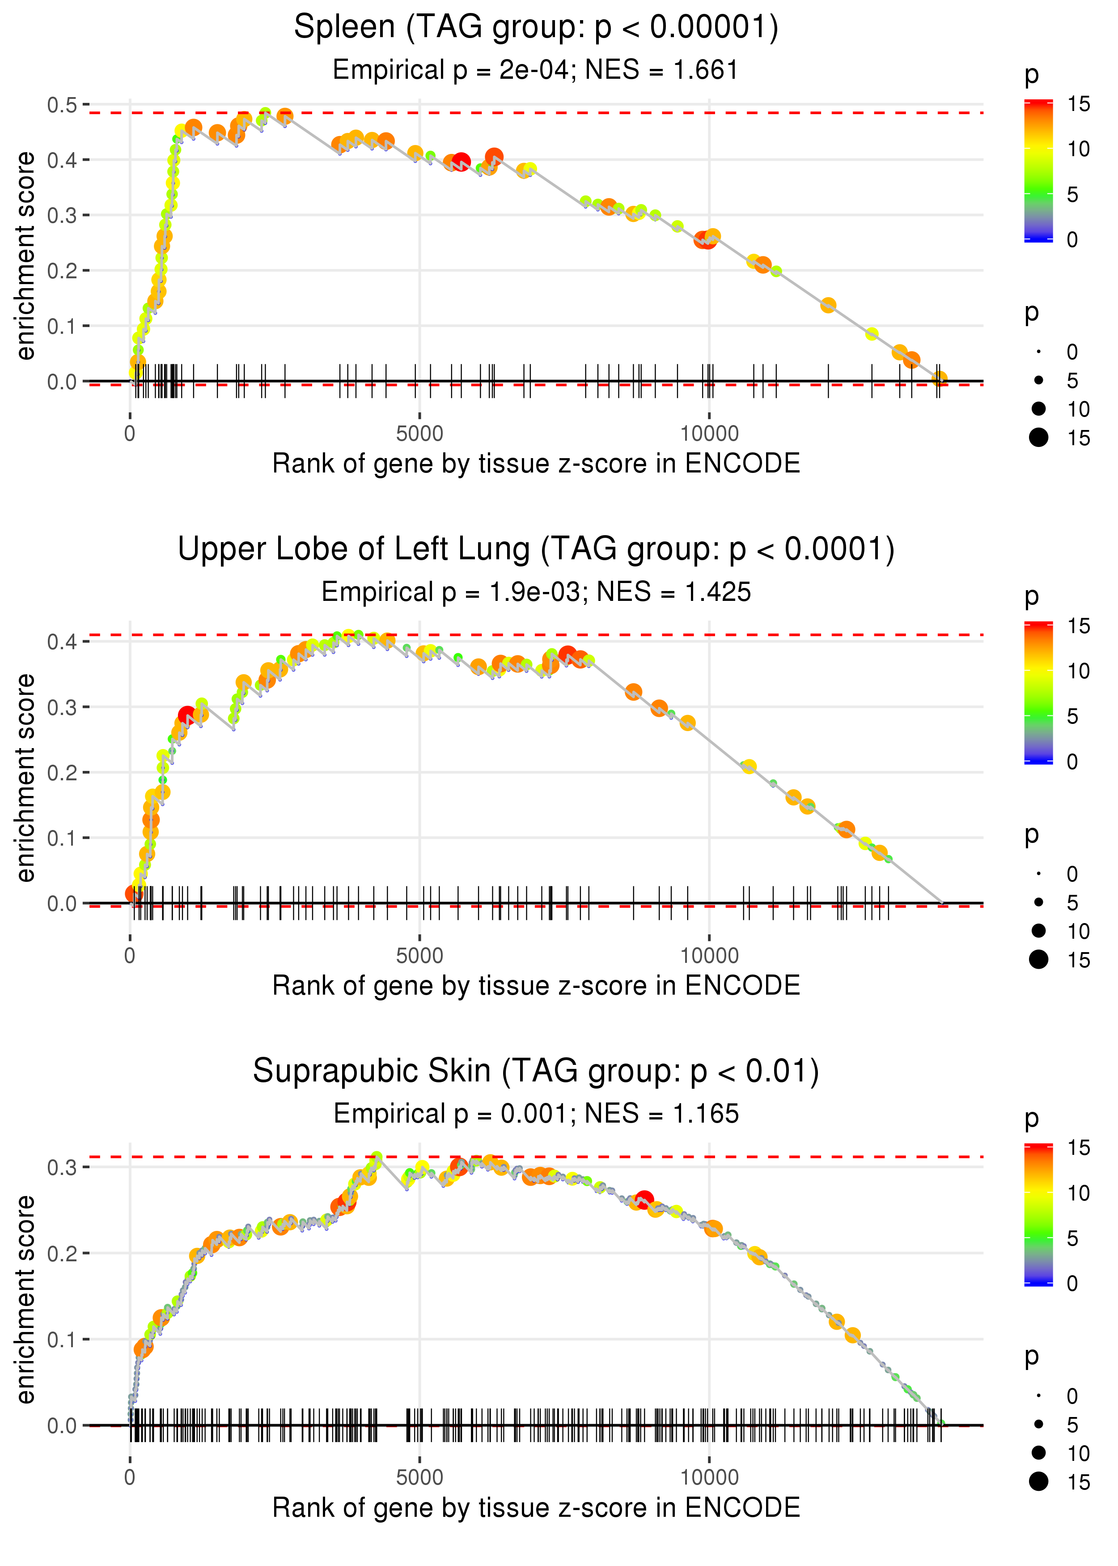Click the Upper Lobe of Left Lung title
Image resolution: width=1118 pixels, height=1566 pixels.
tap(536, 549)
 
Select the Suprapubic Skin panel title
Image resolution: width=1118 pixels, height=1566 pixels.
tap(536, 1072)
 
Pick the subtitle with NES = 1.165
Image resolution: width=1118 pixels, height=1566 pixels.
tap(536, 1114)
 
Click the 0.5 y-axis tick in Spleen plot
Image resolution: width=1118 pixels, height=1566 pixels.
tap(62, 105)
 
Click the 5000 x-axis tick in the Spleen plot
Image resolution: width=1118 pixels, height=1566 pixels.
tap(419, 434)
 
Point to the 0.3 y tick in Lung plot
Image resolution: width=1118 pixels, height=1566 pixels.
tap(62, 707)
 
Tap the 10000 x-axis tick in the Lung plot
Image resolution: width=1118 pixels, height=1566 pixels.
tap(709, 956)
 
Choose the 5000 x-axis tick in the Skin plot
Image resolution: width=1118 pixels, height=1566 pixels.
tap(419, 1478)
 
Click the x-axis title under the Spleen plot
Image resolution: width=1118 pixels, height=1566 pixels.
tap(536, 464)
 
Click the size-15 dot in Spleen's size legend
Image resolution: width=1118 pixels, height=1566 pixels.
tap(1038, 437)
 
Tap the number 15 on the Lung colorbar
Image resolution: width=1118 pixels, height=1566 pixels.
tap(1078, 626)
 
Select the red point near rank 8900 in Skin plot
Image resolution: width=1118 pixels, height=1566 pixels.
tap(644, 1199)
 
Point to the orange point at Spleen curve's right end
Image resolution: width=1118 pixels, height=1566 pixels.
tap(939, 378)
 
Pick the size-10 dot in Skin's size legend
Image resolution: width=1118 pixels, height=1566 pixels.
tap(1038, 1452)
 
